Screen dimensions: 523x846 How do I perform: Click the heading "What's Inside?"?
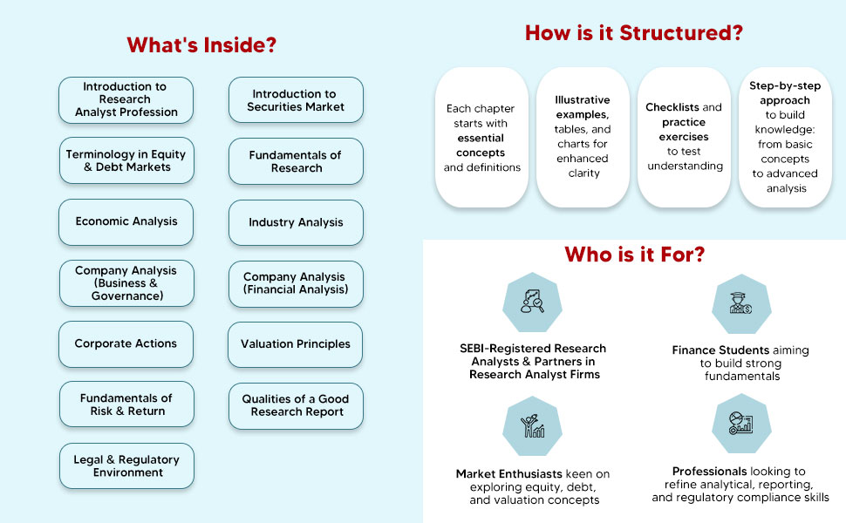coord(201,45)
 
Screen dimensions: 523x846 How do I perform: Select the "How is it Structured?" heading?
coord(634,34)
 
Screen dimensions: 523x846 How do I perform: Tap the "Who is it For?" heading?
coord(634,255)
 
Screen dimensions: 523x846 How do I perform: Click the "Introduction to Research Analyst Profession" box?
coord(126,99)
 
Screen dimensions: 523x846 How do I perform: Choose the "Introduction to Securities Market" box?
coord(296,100)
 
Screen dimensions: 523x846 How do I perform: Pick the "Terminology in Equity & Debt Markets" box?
coord(126,160)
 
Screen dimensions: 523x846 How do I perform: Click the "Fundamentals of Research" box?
coord(296,161)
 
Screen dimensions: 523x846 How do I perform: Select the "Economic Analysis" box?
coord(126,221)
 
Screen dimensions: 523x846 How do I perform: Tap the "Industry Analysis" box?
coord(296,222)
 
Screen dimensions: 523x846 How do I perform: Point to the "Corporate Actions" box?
coord(126,343)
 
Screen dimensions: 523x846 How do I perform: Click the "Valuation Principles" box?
coord(296,344)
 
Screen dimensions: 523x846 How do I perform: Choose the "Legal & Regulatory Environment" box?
coord(126,465)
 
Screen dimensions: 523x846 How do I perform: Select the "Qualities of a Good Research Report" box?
coord(296,405)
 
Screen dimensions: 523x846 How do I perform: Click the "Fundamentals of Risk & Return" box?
coord(126,404)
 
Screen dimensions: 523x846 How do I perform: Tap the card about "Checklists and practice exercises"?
coord(684,137)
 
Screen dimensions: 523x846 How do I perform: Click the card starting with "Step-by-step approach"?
coord(785,137)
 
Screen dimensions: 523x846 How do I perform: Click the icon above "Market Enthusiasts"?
coord(533,425)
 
